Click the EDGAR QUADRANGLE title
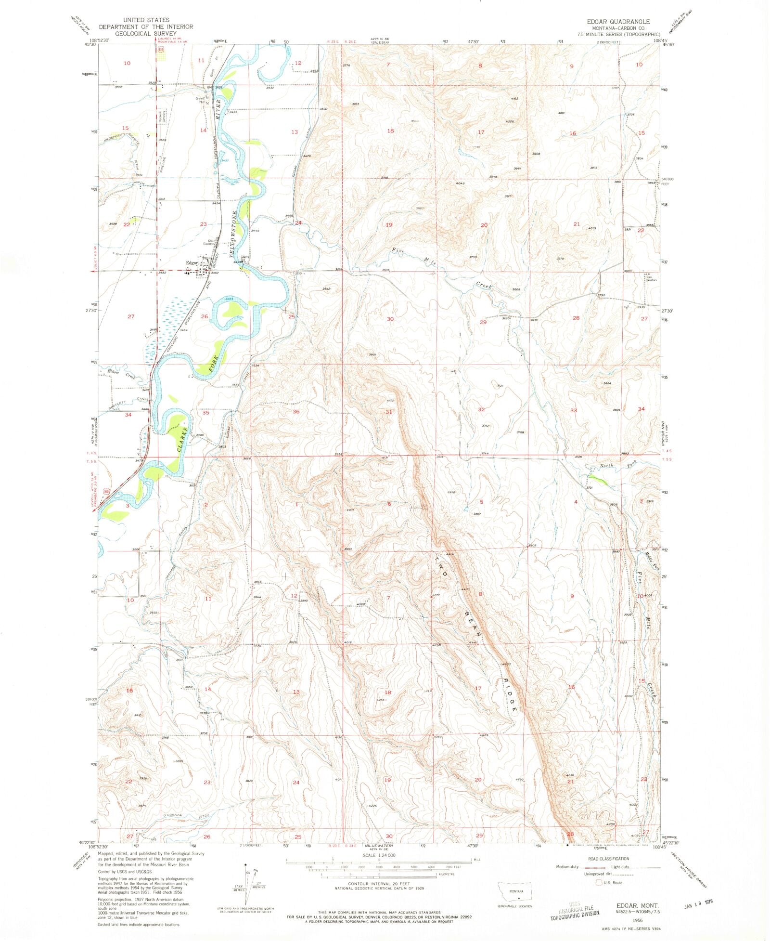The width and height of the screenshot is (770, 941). pyautogui.click(x=617, y=22)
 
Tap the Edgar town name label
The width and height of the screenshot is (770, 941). pyautogui.click(x=192, y=262)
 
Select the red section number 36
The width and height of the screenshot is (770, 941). pyautogui.click(x=296, y=411)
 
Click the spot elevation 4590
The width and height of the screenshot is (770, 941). pyautogui.click(x=519, y=779)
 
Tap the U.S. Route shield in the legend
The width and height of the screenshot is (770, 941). pyautogui.click(x=599, y=882)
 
